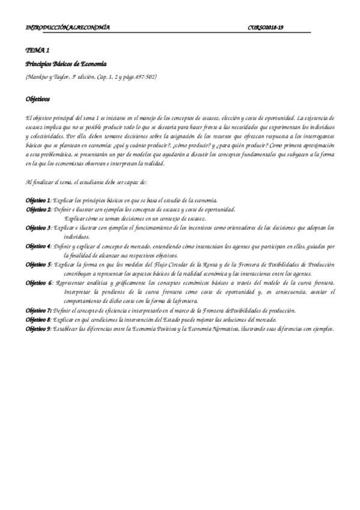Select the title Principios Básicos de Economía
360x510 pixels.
[66, 64]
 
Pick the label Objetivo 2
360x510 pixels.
[38, 209]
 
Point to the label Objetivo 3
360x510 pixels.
[38, 229]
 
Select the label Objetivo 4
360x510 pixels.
[38, 247]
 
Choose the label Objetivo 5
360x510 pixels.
[38, 265]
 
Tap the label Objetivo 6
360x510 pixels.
[38, 283]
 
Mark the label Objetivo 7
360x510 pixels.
[38, 310]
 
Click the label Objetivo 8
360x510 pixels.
[38, 320]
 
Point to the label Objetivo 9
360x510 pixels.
[38, 330]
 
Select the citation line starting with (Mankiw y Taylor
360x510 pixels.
[91, 77]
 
